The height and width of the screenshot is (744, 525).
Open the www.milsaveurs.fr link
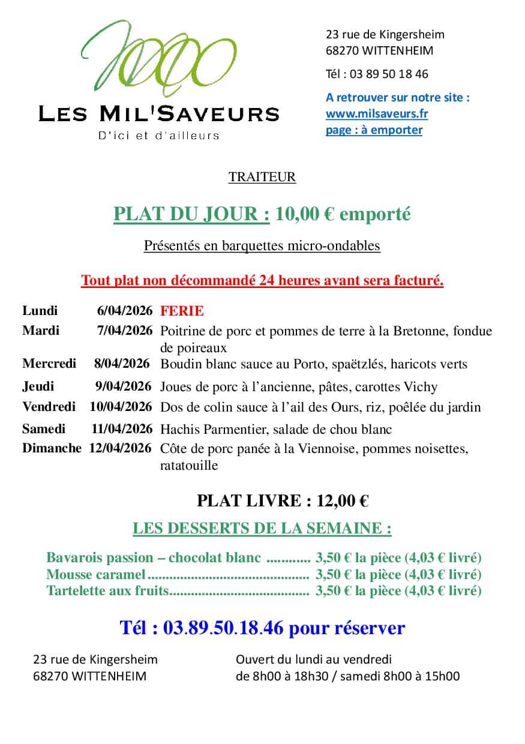pyautogui.click(x=376, y=113)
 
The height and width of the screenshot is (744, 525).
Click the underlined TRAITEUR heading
pyautogui.click(x=262, y=177)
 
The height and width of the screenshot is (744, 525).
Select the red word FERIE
pyautogui.click(x=182, y=311)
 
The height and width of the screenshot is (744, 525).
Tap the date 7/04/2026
pyautogui.click(x=125, y=331)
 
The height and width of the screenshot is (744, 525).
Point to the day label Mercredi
pyautogui.click(x=49, y=364)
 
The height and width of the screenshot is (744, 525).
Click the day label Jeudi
pyautogui.click(x=38, y=386)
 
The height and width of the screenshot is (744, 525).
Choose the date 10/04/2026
pyautogui.click(x=121, y=407)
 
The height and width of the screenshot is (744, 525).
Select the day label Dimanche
pyautogui.click(x=52, y=448)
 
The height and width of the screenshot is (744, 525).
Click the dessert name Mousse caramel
pyautogui.click(x=95, y=574)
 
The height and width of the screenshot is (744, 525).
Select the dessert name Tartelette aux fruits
pyautogui.click(x=107, y=590)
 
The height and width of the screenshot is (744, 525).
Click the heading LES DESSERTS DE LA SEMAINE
pyautogui.click(x=262, y=529)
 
